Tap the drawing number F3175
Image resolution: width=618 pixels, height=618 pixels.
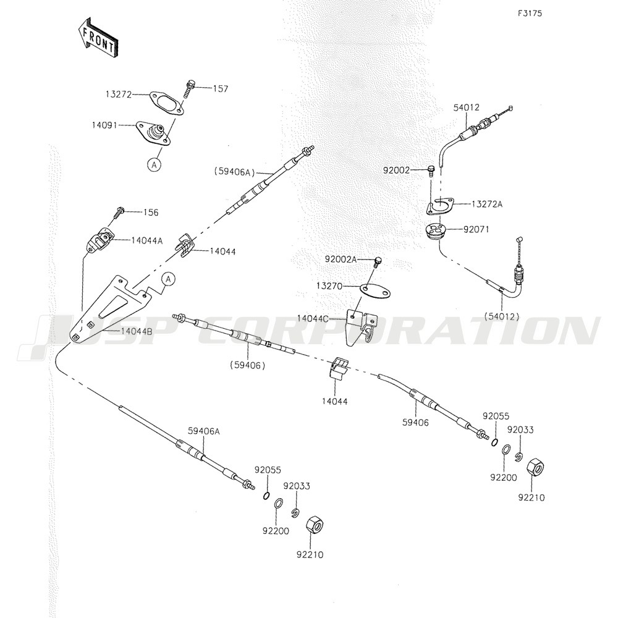530,14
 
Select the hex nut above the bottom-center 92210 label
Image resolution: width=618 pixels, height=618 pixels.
314,526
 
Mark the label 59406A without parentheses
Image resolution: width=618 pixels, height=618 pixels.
204,431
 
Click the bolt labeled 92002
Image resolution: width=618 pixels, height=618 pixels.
431,171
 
